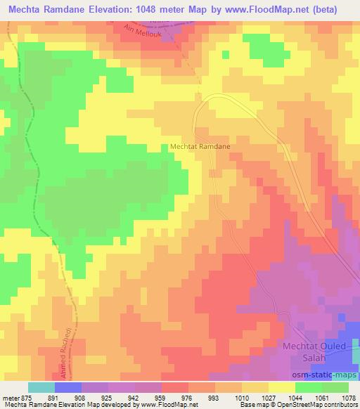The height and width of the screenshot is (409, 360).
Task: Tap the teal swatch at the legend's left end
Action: [x=41, y=387]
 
